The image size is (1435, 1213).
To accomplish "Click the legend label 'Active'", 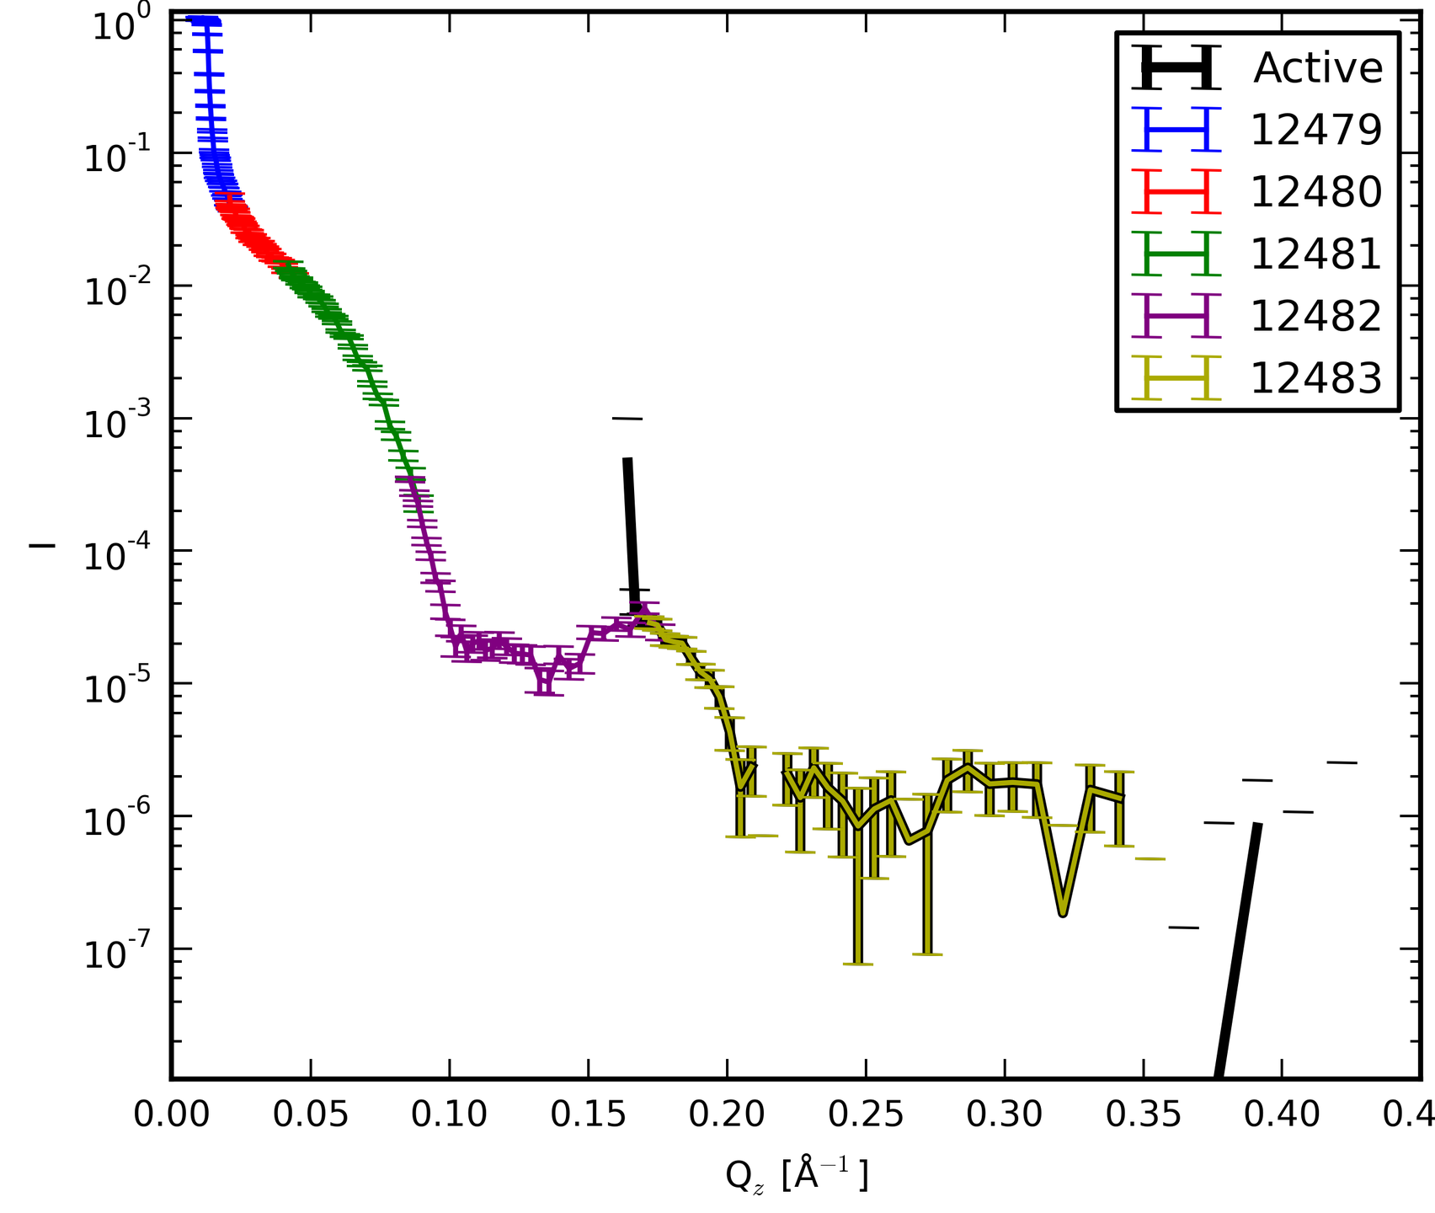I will click(x=1318, y=67).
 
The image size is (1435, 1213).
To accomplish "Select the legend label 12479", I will click(x=1316, y=130).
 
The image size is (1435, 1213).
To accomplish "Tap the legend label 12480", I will click(x=1316, y=192).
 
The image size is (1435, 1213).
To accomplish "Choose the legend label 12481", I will click(x=1316, y=254).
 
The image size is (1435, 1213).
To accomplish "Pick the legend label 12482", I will click(x=1316, y=317).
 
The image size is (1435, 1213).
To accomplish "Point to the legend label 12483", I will click(x=1316, y=379).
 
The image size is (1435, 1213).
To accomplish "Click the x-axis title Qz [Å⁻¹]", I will click(x=796, y=1175).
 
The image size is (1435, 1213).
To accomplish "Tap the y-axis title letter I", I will click(x=42, y=546).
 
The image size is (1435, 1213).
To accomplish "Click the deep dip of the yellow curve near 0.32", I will click(x=1064, y=912).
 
